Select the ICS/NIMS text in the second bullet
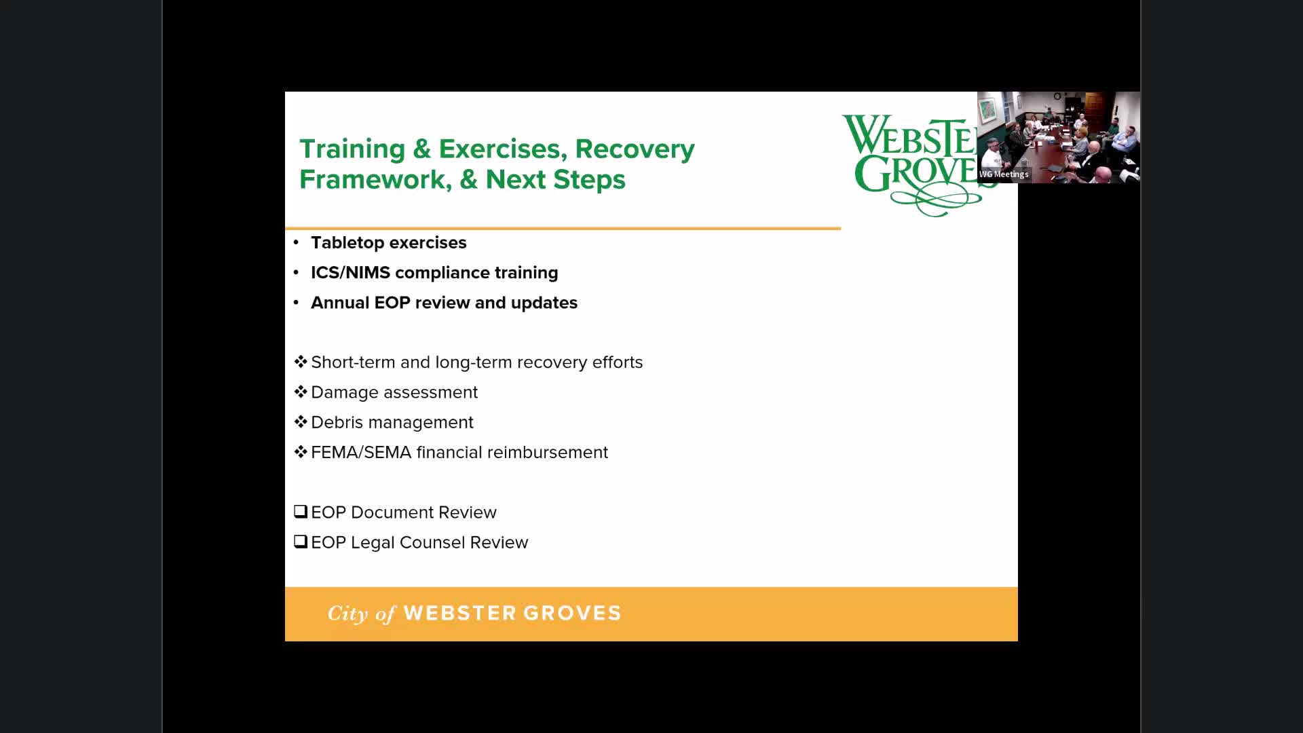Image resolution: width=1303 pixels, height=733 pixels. click(350, 273)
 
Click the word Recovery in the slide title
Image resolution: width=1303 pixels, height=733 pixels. click(635, 149)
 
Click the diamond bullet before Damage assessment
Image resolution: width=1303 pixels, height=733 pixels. click(301, 392)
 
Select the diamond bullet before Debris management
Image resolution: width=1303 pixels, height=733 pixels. click(301, 421)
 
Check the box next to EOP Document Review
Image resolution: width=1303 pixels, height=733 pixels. click(301, 511)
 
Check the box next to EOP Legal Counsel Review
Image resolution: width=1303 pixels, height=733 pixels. click(301, 541)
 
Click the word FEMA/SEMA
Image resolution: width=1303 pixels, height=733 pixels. click(361, 453)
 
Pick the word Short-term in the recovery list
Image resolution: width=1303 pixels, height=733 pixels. click(353, 362)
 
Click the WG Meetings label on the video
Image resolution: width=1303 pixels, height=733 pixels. click(1004, 174)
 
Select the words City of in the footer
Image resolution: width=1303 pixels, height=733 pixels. click(361, 614)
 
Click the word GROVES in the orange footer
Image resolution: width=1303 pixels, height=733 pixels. click(572, 614)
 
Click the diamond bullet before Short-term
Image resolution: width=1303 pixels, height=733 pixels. click(301, 362)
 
